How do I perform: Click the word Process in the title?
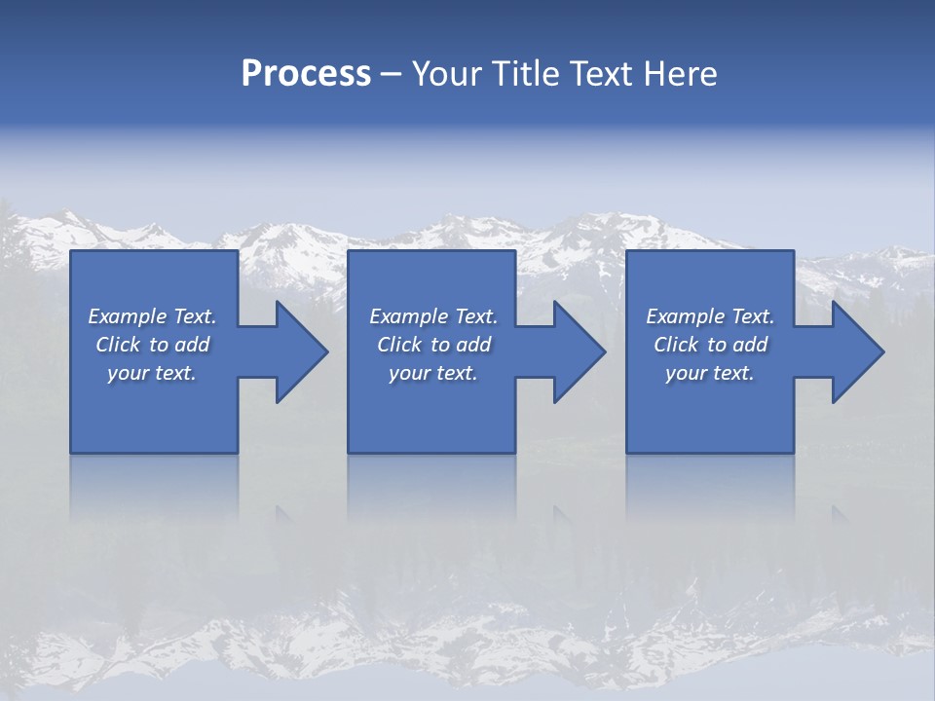306,74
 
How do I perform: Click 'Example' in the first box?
127,316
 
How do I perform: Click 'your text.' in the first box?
152,373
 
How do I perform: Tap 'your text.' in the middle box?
433,373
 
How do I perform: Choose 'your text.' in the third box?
710,373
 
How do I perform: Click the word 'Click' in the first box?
118,345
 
